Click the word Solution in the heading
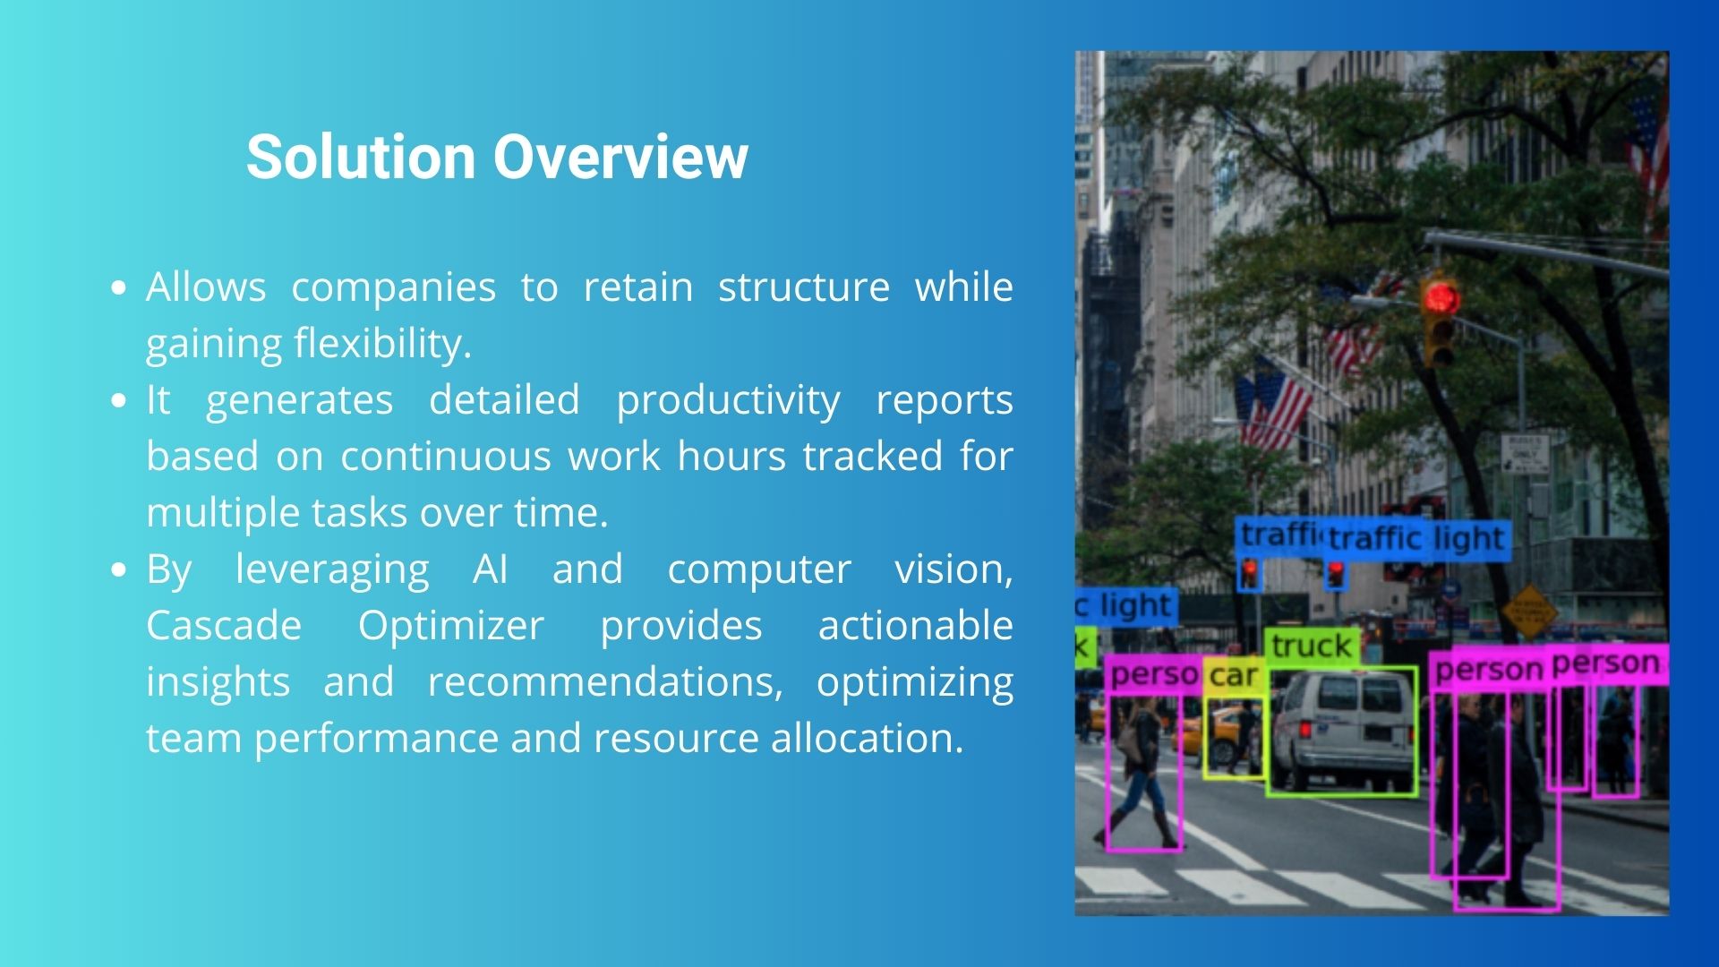(x=361, y=157)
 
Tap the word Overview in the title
(x=620, y=157)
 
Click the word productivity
(x=728, y=401)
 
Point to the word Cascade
(x=224, y=625)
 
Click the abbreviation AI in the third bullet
(x=491, y=569)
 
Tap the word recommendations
(x=605, y=682)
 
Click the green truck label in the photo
(x=1312, y=646)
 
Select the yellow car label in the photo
(x=1234, y=675)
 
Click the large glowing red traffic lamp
(x=1441, y=298)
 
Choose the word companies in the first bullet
(x=394, y=288)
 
